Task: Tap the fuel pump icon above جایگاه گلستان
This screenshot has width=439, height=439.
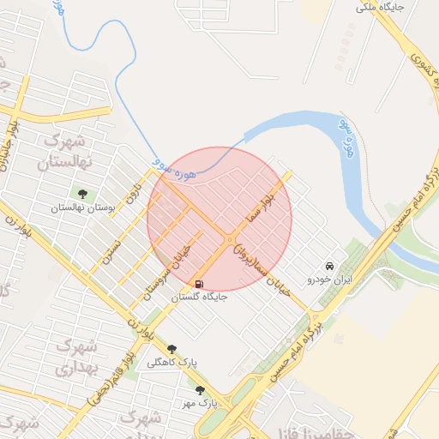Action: (200, 285)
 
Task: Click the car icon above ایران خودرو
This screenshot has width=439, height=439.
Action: (330, 266)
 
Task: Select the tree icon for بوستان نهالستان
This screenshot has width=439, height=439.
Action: (82, 195)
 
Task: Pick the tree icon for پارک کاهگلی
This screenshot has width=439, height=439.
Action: (172, 349)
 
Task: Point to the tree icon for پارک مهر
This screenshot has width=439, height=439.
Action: (200, 389)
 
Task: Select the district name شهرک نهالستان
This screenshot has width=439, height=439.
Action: (62, 151)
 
